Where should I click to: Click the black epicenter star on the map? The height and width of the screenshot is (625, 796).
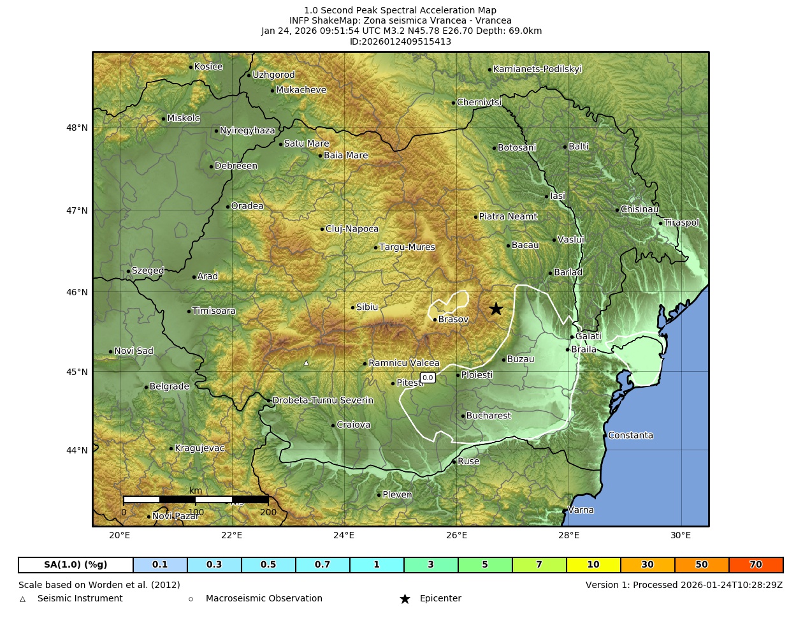click(496, 309)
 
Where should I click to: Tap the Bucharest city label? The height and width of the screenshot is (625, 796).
click(488, 416)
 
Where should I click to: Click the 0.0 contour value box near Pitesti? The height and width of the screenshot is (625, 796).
click(428, 378)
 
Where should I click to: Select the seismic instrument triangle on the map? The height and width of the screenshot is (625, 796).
click(306, 363)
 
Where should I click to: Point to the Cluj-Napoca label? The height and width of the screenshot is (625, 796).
click(352, 229)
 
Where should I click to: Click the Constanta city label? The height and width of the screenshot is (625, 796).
click(630, 436)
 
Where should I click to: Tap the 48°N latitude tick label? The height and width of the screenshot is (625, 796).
click(77, 128)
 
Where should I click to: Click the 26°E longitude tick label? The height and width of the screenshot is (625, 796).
click(456, 535)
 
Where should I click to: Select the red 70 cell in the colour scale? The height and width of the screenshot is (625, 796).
click(756, 565)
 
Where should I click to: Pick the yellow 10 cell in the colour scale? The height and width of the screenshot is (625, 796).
click(593, 565)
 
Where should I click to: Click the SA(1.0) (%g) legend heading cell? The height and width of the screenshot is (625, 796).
click(76, 565)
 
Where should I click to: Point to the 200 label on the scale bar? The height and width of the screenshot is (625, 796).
click(268, 512)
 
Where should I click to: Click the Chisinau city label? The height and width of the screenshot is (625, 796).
click(639, 209)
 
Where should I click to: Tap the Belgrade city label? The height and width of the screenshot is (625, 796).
click(169, 386)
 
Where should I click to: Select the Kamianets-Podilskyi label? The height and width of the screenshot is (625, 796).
click(537, 69)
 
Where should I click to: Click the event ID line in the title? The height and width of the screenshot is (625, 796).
click(400, 41)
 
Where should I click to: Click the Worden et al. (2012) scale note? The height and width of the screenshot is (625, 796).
click(99, 585)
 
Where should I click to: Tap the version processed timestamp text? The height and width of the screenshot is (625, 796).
click(684, 585)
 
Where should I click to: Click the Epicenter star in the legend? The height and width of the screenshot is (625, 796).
click(405, 599)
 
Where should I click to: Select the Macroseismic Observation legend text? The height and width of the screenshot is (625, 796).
click(264, 599)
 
